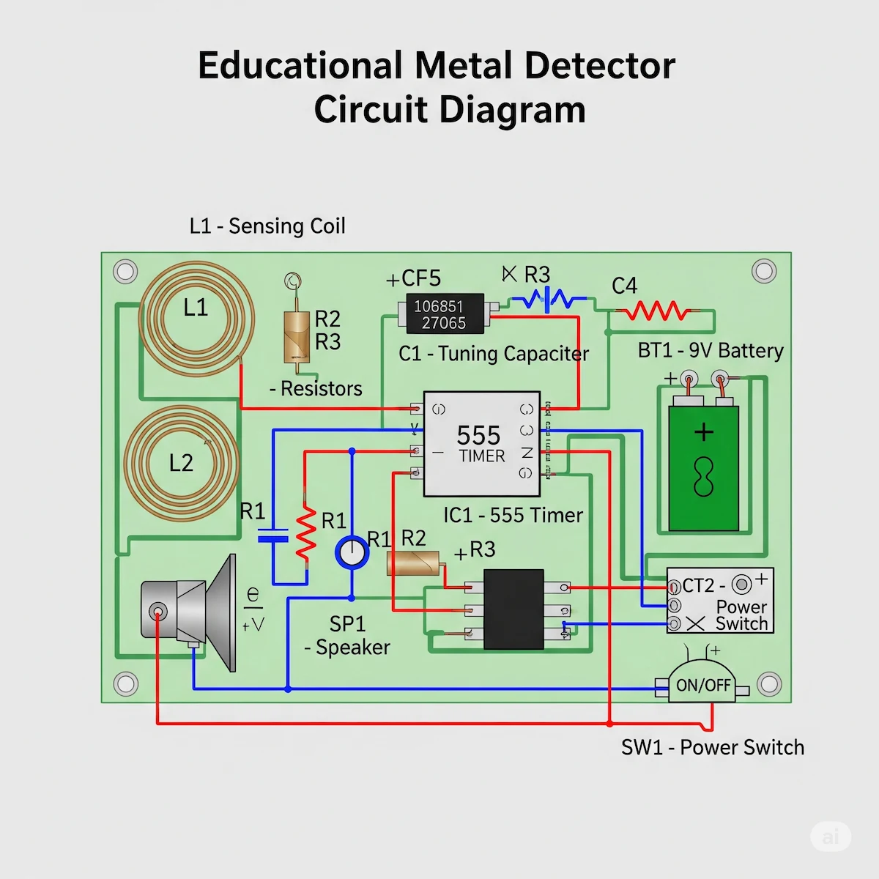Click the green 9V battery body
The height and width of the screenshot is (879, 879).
coord(703,469)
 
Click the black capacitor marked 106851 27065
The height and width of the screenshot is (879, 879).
coord(439,314)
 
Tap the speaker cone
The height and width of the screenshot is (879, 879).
coord(220,612)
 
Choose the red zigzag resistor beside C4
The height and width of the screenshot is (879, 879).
coord(656,313)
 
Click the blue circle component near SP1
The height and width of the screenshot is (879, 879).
coord(352,552)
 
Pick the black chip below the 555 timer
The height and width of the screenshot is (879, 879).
coord(513,609)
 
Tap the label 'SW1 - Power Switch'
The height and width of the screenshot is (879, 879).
coord(712,747)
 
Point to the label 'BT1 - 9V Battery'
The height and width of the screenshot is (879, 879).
coord(711,351)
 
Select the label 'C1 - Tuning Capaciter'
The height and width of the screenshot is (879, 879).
coord(493,354)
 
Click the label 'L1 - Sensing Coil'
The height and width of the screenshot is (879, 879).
coord(267,226)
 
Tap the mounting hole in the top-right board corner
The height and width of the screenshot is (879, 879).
coord(764,271)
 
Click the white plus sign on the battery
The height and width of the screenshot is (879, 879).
coord(703,432)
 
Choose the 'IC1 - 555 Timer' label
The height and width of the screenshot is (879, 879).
coord(513,516)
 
